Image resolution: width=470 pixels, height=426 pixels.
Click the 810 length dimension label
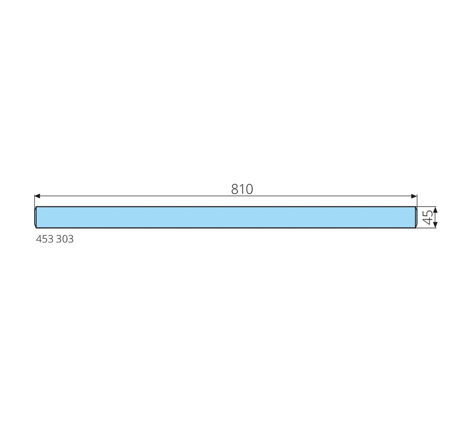(x=242, y=189)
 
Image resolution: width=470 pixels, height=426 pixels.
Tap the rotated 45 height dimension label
(x=428, y=217)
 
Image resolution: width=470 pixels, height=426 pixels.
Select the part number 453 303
(x=54, y=239)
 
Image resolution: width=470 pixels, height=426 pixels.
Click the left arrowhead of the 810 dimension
(x=37, y=196)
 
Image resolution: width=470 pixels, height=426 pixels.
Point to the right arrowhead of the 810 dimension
(x=414, y=196)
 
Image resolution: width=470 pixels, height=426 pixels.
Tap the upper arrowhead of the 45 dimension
(x=435, y=210)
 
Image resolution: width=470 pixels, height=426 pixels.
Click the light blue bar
(x=226, y=217)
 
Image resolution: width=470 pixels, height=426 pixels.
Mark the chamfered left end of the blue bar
(x=35, y=217)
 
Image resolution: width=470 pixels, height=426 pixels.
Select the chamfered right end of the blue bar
(x=416, y=217)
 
